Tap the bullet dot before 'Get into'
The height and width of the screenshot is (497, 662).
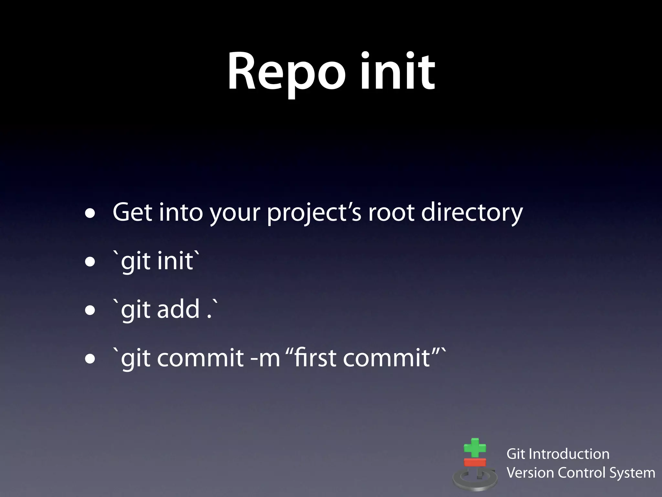90,214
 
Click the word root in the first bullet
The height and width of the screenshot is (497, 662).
391,213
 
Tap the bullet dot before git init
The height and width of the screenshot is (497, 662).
90,262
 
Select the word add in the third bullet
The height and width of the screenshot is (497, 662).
178,309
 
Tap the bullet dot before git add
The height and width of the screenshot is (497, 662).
90,310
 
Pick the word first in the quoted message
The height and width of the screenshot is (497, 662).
315,358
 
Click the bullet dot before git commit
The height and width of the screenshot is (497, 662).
90,359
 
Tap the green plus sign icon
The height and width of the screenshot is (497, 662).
475,448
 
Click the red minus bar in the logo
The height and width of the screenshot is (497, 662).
475,462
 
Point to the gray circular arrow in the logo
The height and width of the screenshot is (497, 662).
475,479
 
